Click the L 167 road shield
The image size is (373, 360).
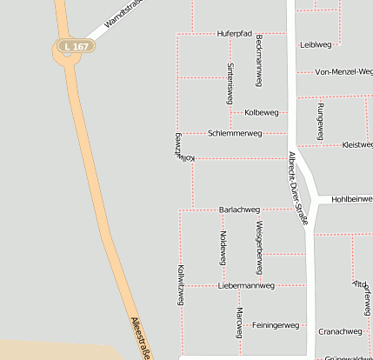(x=76, y=45)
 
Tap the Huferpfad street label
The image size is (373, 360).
(x=234, y=33)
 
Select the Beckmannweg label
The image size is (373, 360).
(x=259, y=61)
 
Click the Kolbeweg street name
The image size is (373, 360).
(x=262, y=112)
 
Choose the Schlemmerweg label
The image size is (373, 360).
(x=235, y=133)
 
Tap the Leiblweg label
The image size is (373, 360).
(x=316, y=43)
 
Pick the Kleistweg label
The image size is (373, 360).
(x=357, y=144)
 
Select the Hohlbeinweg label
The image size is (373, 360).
(x=351, y=199)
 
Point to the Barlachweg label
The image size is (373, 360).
(x=239, y=210)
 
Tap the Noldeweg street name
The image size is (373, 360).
(x=223, y=248)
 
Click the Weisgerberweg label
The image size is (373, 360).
(x=258, y=248)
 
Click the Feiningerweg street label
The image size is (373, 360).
(x=275, y=325)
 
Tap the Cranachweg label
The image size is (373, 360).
(x=340, y=331)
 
